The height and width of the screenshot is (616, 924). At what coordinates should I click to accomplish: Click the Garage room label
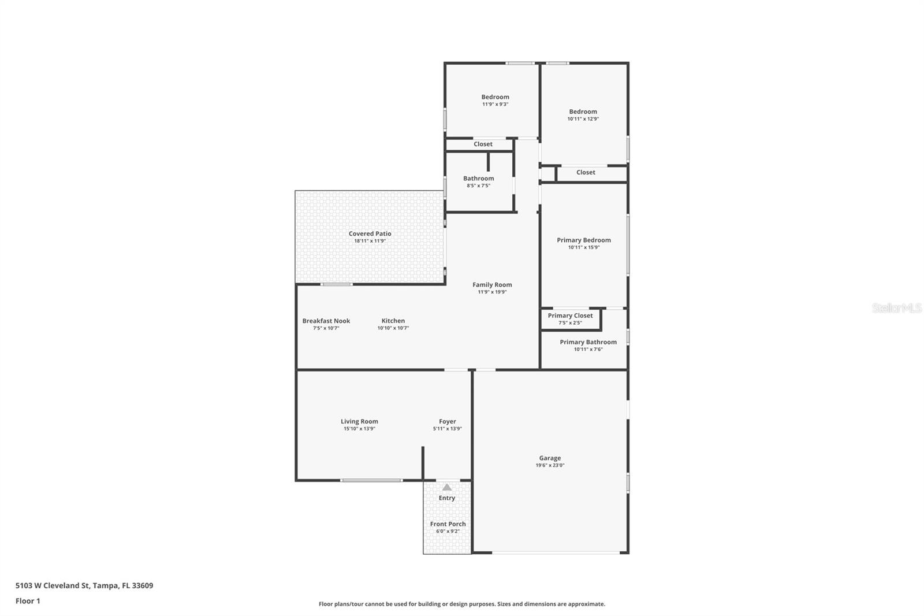550,458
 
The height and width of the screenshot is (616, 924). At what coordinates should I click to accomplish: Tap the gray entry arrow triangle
447,487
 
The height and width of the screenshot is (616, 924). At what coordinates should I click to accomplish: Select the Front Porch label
448,524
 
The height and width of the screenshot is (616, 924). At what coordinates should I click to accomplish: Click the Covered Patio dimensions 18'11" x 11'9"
370,241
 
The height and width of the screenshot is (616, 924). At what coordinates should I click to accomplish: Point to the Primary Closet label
570,316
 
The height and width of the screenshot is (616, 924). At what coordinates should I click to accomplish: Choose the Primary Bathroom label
588,342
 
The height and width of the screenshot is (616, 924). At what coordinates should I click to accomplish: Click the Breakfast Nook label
326,321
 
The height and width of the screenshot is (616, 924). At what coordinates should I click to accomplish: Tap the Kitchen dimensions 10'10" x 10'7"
393,328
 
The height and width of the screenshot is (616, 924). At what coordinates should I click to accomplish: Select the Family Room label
492,284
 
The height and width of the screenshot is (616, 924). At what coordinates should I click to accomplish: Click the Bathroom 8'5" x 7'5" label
478,179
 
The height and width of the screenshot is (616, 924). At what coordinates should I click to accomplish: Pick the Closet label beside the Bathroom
483,144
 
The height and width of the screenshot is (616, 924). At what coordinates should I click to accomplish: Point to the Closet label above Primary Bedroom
585,172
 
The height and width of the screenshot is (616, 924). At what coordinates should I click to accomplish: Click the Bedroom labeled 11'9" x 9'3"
495,97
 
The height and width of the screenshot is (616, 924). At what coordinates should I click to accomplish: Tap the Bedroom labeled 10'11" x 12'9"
583,112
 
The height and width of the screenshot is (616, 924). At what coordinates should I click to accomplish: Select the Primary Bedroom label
583,240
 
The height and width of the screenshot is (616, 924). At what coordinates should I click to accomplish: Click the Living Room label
359,421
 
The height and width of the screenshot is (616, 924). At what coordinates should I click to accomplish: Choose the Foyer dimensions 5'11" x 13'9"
447,429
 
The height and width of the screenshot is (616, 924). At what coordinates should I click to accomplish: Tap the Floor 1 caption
28,601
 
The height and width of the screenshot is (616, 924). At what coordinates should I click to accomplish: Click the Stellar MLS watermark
896,308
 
